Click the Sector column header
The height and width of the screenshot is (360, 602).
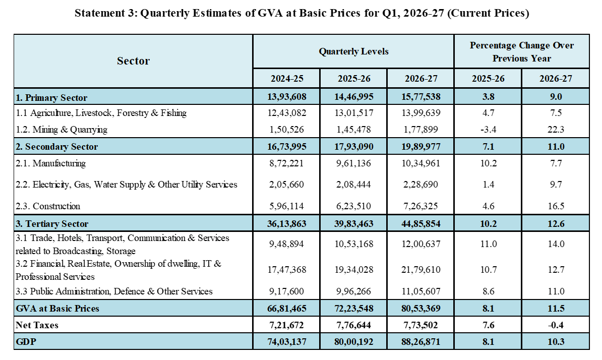click(133, 61)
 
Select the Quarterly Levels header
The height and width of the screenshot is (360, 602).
click(353, 51)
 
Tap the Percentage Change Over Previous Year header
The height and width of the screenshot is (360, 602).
click(522, 52)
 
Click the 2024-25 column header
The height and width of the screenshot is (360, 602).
click(287, 79)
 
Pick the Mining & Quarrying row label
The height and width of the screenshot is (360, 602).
click(62, 130)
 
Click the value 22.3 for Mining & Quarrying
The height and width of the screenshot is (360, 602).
click(556, 130)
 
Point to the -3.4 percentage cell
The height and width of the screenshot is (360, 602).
click(489, 130)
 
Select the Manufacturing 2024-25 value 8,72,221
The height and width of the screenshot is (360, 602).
click(286, 163)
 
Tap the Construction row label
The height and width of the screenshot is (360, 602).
click(48, 206)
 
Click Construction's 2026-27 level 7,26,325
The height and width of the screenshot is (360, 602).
click(421, 206)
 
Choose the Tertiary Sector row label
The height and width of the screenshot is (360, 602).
click(52, 224)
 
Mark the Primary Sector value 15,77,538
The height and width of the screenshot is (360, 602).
click(421, 97)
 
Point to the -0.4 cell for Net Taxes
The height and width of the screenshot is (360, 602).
click(556, 325)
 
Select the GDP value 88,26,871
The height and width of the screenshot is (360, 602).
click(421, 341)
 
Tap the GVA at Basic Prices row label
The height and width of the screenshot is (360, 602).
click(57, 309)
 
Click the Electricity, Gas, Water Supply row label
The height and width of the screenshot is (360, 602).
click(127, 185)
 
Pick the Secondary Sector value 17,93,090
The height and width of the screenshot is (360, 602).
click(353, 147)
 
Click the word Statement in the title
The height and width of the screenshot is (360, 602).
click(98, 13)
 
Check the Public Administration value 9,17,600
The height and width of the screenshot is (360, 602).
click(286, 291)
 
